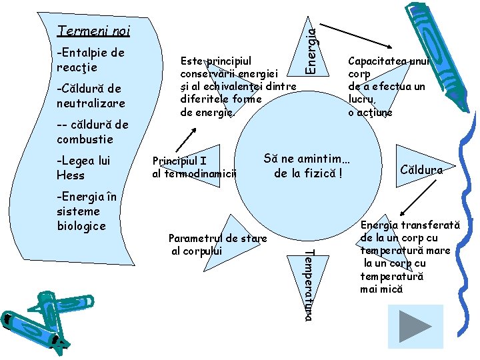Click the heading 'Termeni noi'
coord(94,31)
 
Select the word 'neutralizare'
coord(91,103)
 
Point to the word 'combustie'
coord(85,139)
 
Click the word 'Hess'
coord(71,175)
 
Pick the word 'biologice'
coord(81,226)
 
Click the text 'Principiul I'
coord(180,161)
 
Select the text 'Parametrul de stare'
coord(218,238)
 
